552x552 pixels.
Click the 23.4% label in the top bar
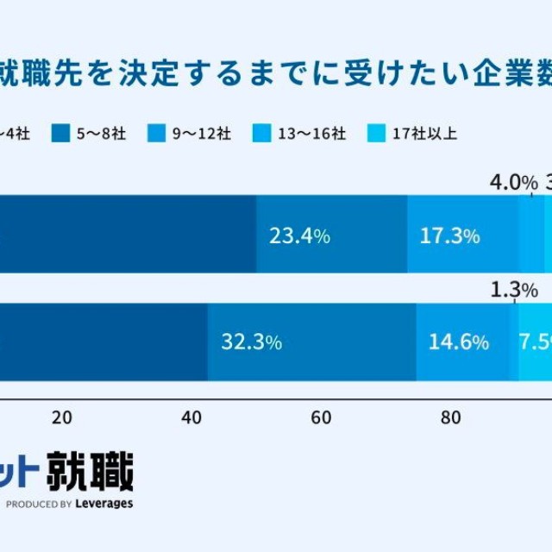299,236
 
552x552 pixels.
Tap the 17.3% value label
449,236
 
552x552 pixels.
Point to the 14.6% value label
459,342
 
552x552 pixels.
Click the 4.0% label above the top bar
513,183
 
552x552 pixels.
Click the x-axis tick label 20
61,418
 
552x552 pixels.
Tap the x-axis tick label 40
191,418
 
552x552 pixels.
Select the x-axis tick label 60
321,418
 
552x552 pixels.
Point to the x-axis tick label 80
450,418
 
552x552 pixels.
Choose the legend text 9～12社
201,133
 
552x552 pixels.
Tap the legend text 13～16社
311,133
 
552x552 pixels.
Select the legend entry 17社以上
423,133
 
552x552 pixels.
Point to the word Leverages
103,504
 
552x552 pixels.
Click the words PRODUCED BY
39,504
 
